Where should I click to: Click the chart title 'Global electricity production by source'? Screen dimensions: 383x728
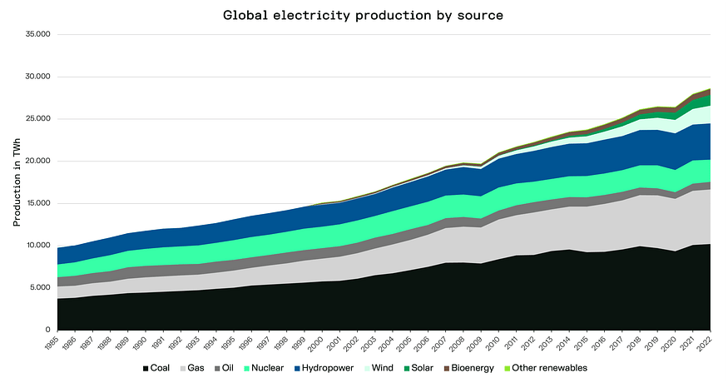point(363,15)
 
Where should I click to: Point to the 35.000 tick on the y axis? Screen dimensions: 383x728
point(38,35)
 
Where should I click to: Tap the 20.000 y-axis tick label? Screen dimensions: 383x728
point(38,162)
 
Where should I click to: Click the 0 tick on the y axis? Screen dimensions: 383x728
point(48,331)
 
